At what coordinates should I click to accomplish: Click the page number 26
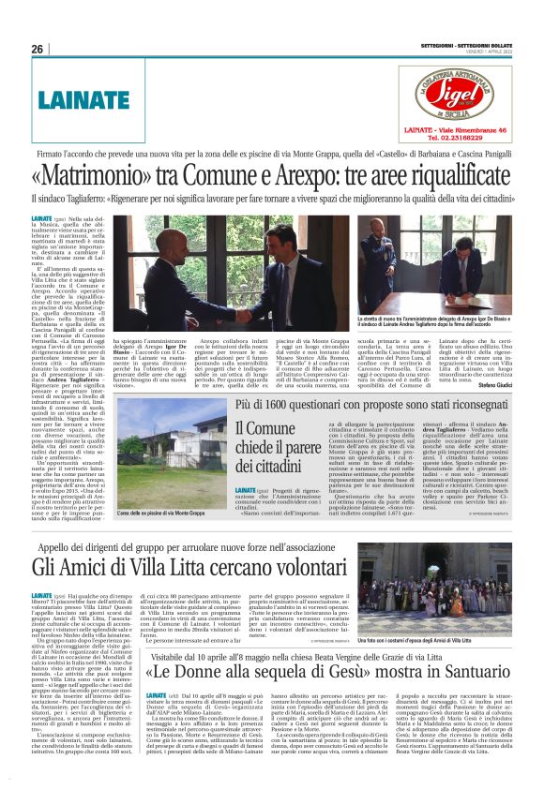(x=37, y=48)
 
